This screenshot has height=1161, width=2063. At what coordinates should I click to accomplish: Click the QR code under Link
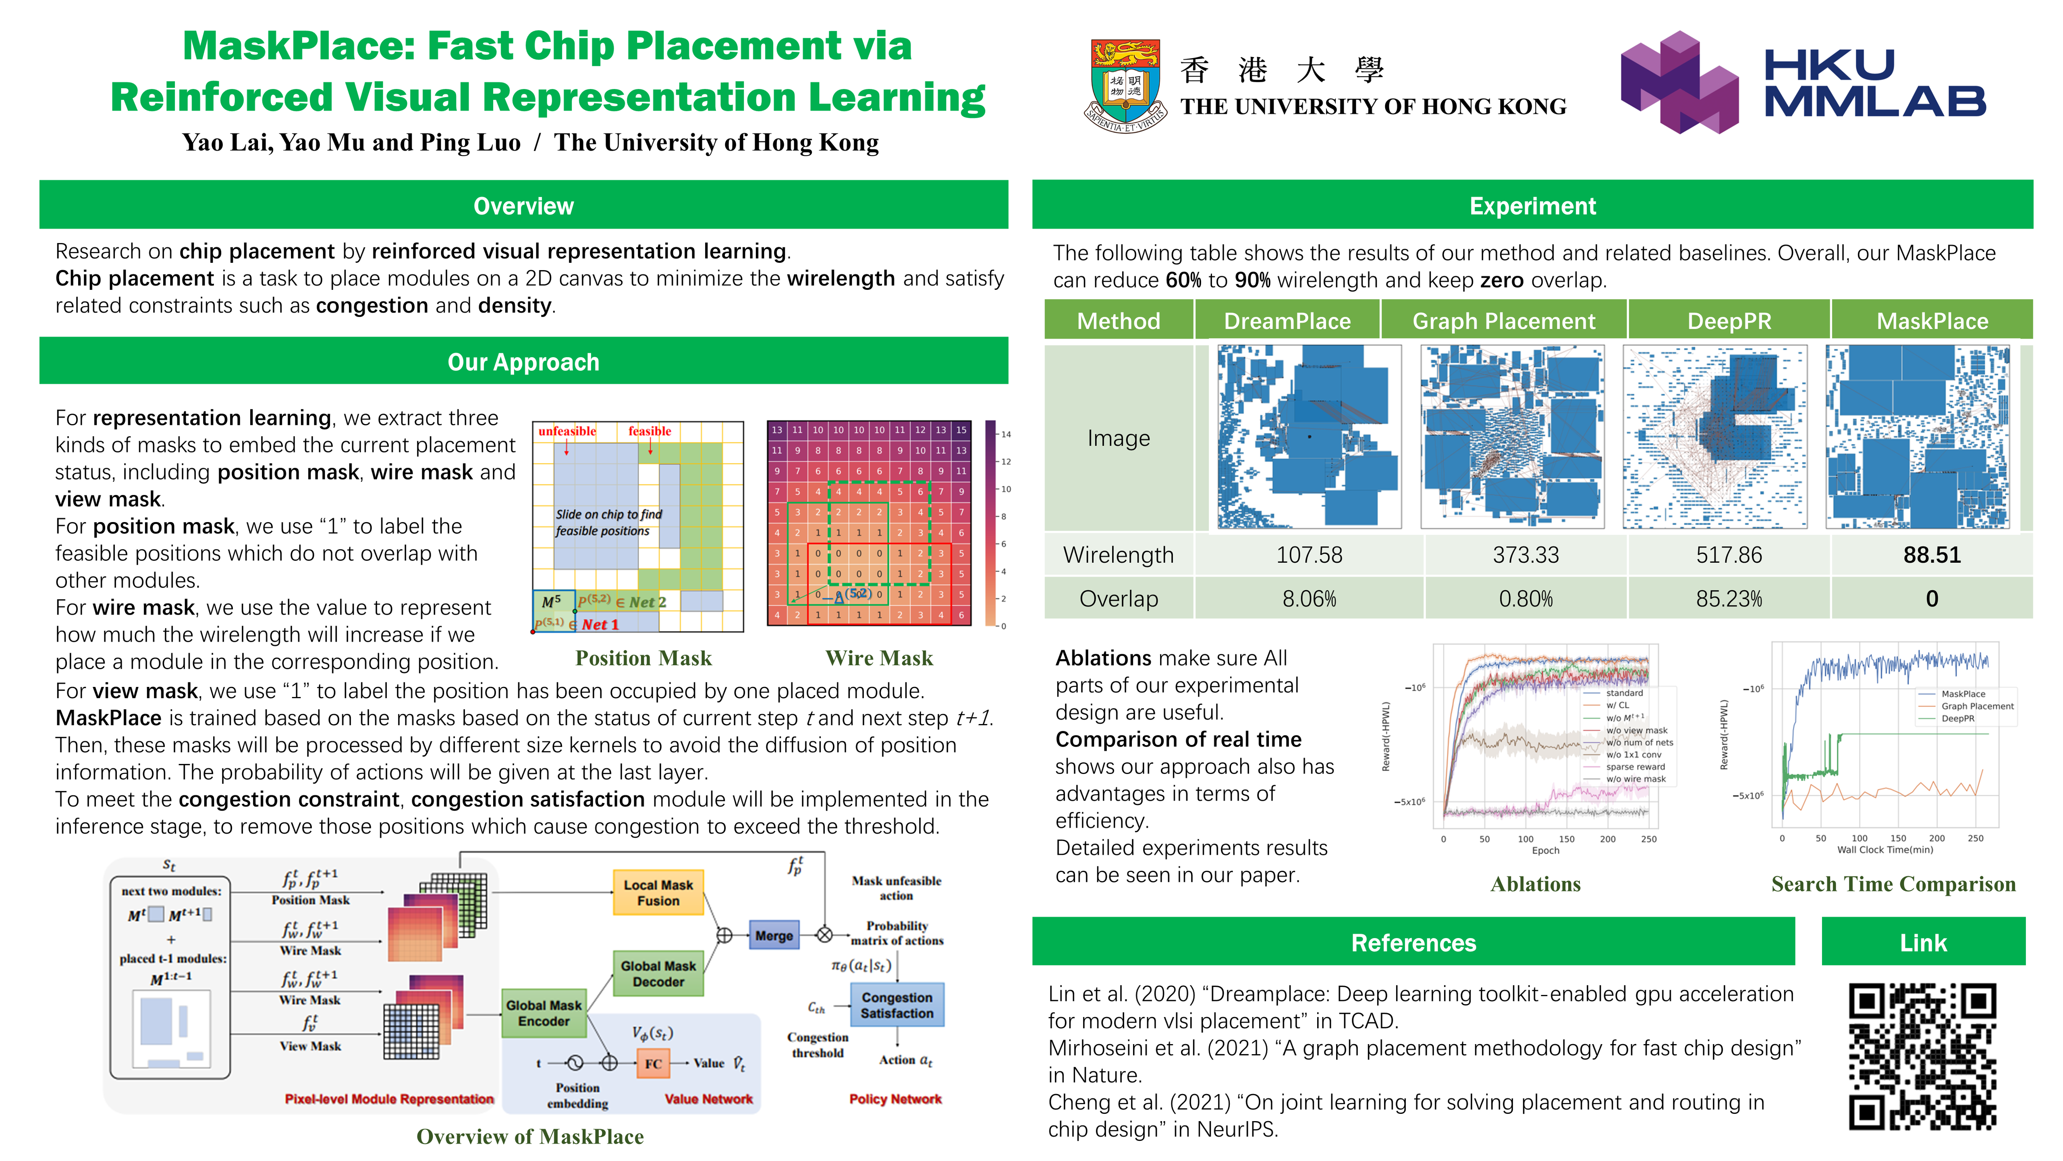tap(1922, 1056)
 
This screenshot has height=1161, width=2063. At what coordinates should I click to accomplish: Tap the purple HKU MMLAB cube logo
tap(1679, 83)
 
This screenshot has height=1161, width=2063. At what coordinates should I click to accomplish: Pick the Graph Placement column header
tap(1503, 320)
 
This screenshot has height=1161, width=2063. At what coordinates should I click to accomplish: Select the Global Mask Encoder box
tap(544, 1013)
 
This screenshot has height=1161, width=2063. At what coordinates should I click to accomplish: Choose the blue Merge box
tap(774, 935)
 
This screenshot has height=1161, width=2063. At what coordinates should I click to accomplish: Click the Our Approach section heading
tap(523, 362)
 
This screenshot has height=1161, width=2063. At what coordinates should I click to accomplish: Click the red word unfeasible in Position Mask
tap(567, 431)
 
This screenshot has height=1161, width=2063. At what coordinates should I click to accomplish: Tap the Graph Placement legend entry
tap(1976, 706)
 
